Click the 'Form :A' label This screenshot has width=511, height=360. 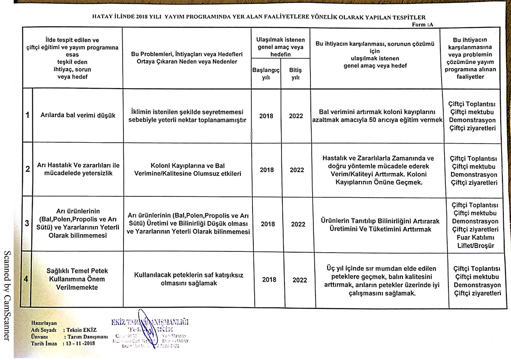pos(423,25)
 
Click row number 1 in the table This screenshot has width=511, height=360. pos(27,115)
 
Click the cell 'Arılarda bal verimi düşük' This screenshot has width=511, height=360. pos(78,116)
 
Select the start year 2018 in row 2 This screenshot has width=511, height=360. pos(267,170)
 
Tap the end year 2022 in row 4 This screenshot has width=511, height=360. pos(300,280)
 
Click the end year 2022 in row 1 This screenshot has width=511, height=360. pos(296,116)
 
